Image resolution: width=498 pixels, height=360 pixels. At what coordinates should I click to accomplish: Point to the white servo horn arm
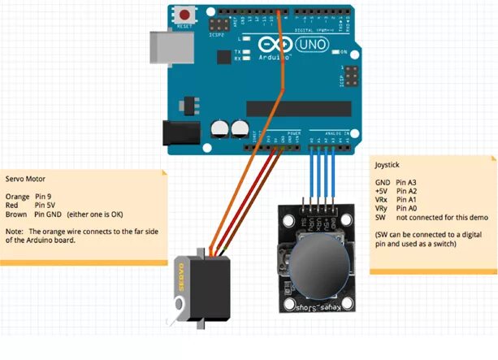pyautogui.click(x=174, y=309)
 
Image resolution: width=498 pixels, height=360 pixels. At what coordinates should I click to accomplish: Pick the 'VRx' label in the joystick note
pyautogui.click(x=382, y=199)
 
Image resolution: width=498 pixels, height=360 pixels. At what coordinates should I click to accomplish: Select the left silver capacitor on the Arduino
pyautogui.click(x=219, y=129)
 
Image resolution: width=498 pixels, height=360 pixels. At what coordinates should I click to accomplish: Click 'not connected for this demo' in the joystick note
pyautogui.click(x=440, y=218)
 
